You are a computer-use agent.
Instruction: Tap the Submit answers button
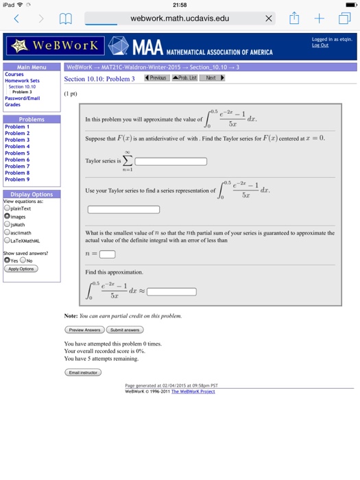click(125, 330)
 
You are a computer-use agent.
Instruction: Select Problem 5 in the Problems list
click(17, 153)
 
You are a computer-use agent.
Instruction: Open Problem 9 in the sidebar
click(17, 179)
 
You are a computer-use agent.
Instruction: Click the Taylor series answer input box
click(171, 162)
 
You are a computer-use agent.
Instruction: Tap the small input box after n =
click(107, 254)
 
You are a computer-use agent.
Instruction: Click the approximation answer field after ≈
click(176, 291)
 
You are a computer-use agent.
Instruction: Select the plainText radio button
click(7, 208)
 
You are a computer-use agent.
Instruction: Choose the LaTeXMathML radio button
click(7, 241)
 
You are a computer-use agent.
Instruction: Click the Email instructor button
click(82, 372)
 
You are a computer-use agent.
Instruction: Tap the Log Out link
click(320, 45)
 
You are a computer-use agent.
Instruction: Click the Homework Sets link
click(22, 80)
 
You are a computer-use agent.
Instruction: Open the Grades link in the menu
click(12, 105)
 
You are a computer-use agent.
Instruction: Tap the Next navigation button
click(214, 78)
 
